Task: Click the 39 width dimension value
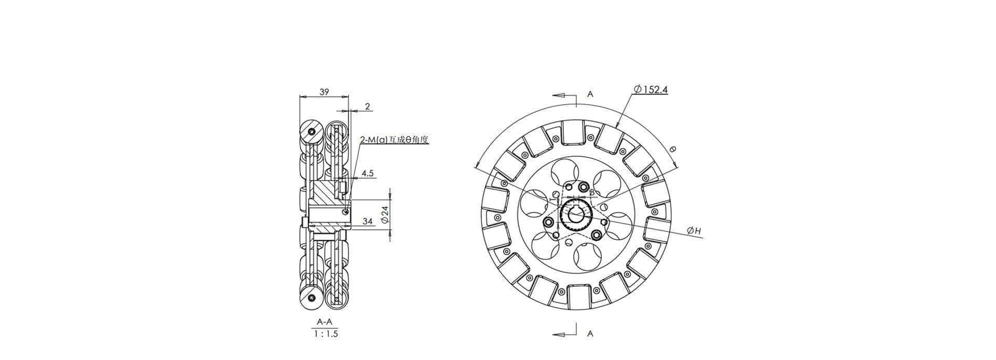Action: point(324,92)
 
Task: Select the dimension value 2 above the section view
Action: point(367,106)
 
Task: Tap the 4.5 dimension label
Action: point(368,173)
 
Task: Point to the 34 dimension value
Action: point(367,221)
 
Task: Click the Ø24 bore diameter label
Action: point(384,214)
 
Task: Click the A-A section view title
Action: point(325,322)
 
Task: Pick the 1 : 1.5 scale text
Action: point(326,334)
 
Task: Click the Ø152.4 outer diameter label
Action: point(651,89)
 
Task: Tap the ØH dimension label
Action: point(694,230)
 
